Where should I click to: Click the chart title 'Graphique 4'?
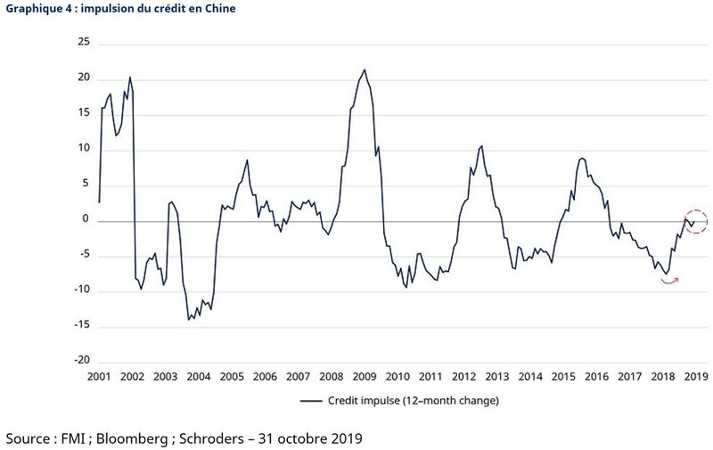[35, 9]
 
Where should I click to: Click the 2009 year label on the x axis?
[364, 378]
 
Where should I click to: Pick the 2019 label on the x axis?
[695, 378]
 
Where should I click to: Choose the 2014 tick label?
[531, 378]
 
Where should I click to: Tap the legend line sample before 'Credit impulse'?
[310, 401]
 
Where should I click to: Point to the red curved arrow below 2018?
[669, 280]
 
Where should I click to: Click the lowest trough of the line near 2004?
[188, 319]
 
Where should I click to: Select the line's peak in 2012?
[482, 145]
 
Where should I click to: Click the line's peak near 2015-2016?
[581, 158]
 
